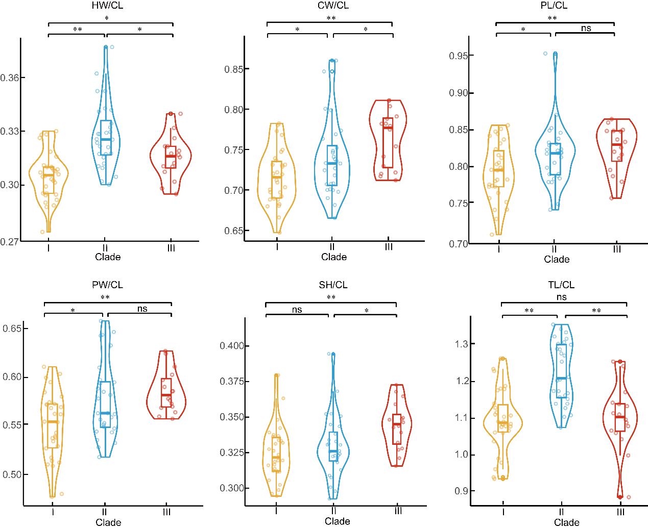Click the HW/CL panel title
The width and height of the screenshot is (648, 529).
107,6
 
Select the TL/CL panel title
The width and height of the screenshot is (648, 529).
561,285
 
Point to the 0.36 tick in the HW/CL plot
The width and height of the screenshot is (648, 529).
10,78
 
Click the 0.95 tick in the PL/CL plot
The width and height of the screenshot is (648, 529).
459,56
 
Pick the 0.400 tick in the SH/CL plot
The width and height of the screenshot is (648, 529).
232,346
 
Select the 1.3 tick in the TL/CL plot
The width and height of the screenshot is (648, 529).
462,344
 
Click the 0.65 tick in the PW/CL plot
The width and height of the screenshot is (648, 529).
12,329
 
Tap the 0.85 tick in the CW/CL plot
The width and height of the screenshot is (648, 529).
234,69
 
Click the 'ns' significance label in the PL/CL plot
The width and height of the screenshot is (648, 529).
586,28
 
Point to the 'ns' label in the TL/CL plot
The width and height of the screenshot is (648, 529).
561,297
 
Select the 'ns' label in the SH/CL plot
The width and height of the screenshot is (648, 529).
297,310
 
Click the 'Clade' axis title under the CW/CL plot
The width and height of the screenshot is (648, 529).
334,257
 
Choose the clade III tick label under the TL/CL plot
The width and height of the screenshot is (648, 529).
620,512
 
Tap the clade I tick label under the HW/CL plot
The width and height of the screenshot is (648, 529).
49,247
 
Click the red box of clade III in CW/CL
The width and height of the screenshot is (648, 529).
388,143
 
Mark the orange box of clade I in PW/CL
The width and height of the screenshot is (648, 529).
53,426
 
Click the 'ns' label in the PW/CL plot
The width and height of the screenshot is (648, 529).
142,309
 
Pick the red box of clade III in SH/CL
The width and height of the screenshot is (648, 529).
397,429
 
